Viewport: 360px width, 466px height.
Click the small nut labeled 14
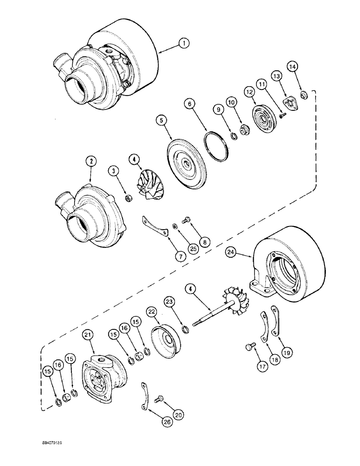pyautogui.click(x=304, y=96)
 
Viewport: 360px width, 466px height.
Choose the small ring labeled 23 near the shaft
pyautogui.click(x=185, y=331)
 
